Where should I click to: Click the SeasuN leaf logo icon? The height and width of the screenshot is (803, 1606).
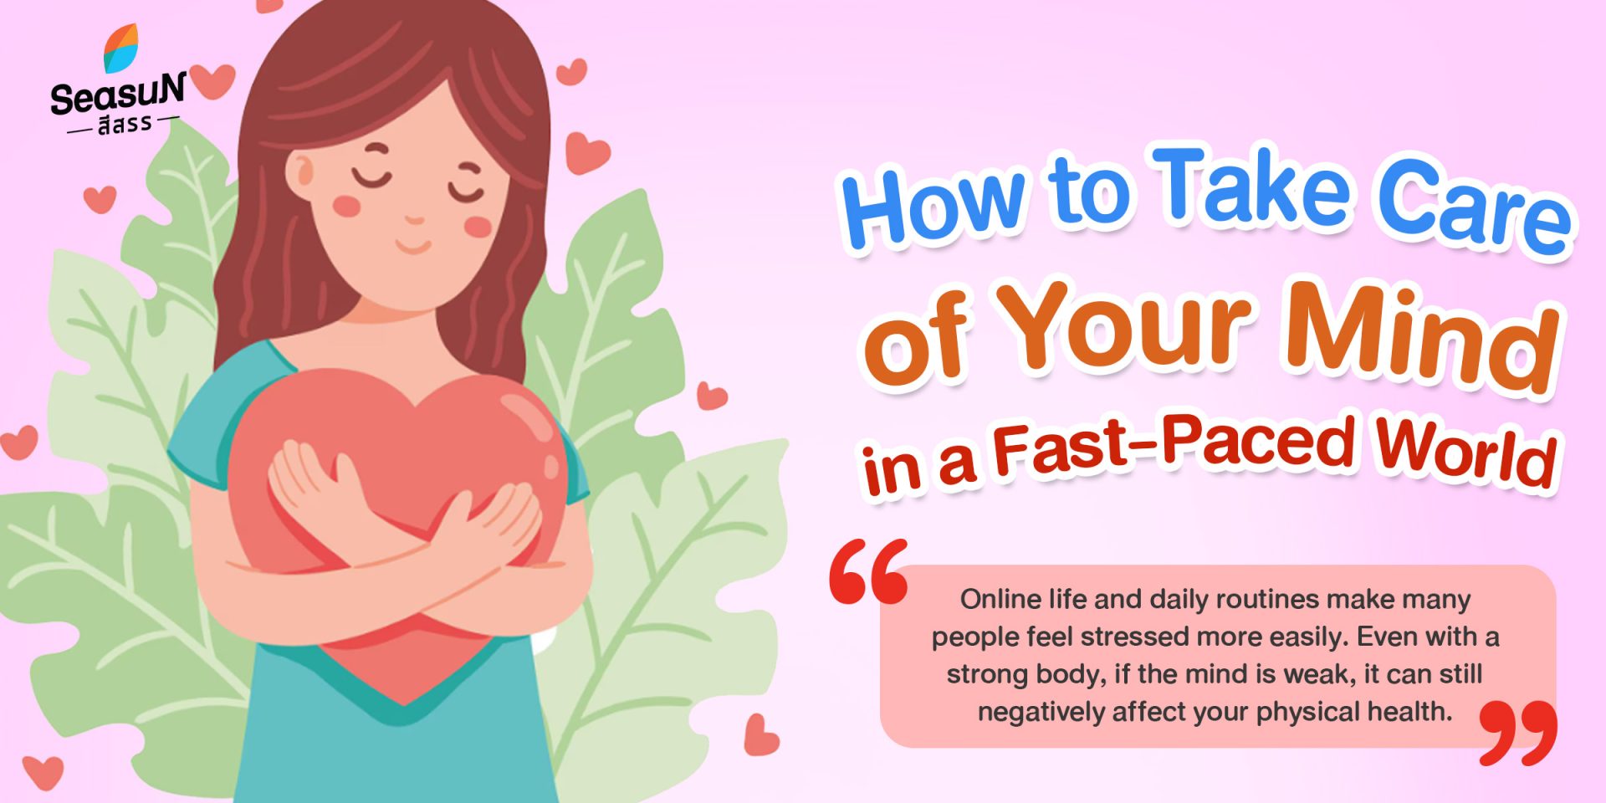point(120,48)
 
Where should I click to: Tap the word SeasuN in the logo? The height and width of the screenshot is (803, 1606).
point(118,94)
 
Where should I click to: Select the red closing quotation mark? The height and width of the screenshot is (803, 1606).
point(1518,733)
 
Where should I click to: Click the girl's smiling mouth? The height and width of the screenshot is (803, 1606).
point(413,246)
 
